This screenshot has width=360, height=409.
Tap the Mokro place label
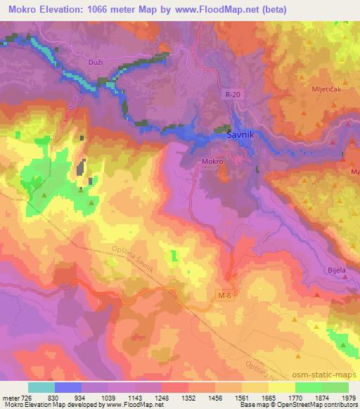pyautogui.click(x=212, y=161)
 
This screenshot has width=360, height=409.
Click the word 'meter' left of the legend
pyautogui.click(x=11, y=398)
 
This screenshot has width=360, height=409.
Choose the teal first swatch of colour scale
pyautogui.click(x=41, y=387)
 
